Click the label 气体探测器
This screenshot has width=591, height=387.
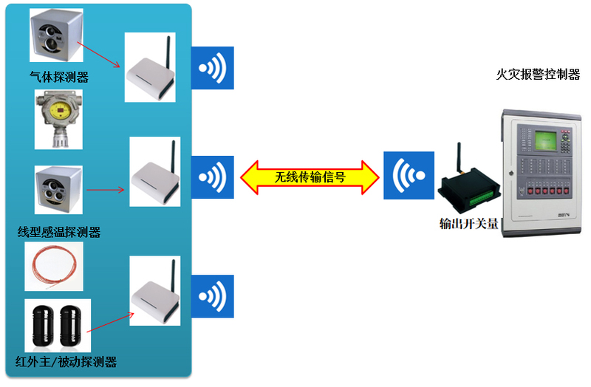58,76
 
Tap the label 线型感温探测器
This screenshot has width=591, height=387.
59,232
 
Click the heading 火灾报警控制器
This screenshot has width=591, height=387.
538,75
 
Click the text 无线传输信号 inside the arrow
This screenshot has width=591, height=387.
310,177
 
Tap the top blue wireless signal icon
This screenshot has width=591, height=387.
213,68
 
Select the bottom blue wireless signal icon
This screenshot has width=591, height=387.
213,296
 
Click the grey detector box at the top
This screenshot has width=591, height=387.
55,35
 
